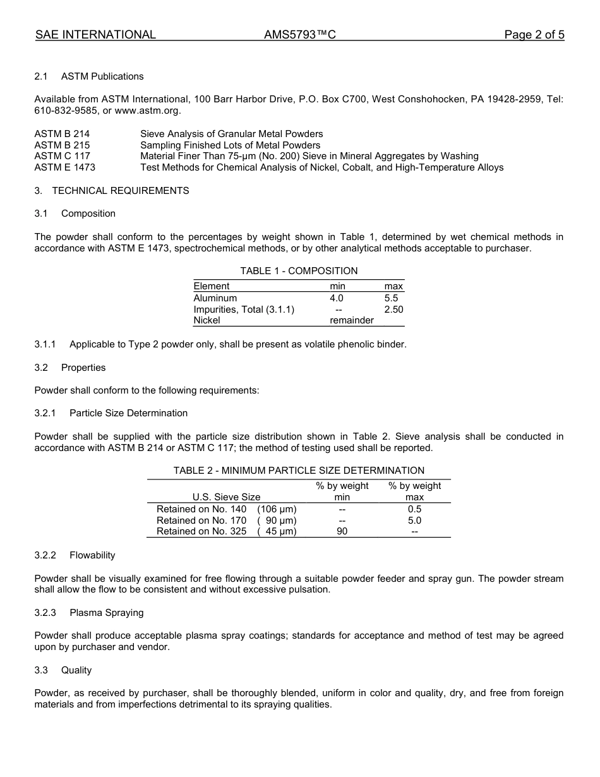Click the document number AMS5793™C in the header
click(299, 35)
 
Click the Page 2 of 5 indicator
click(534, 35)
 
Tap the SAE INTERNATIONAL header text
click(95, 35)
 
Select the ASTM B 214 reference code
click(62, 134)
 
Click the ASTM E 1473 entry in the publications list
click(64, 167)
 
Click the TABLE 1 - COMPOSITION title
click(299, 271)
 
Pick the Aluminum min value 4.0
click(337, 298)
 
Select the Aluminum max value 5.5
click(391, 298)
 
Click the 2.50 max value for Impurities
click(393, 310)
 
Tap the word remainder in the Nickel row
click(351, 320)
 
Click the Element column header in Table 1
click(212, 286)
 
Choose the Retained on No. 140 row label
click(201, 509)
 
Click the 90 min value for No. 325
click(342, 531)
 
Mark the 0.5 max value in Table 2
click(414, 509)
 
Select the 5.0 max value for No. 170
click(414, 521)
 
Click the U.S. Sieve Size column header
click(226, 497)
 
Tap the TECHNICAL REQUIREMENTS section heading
click(120, 191)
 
